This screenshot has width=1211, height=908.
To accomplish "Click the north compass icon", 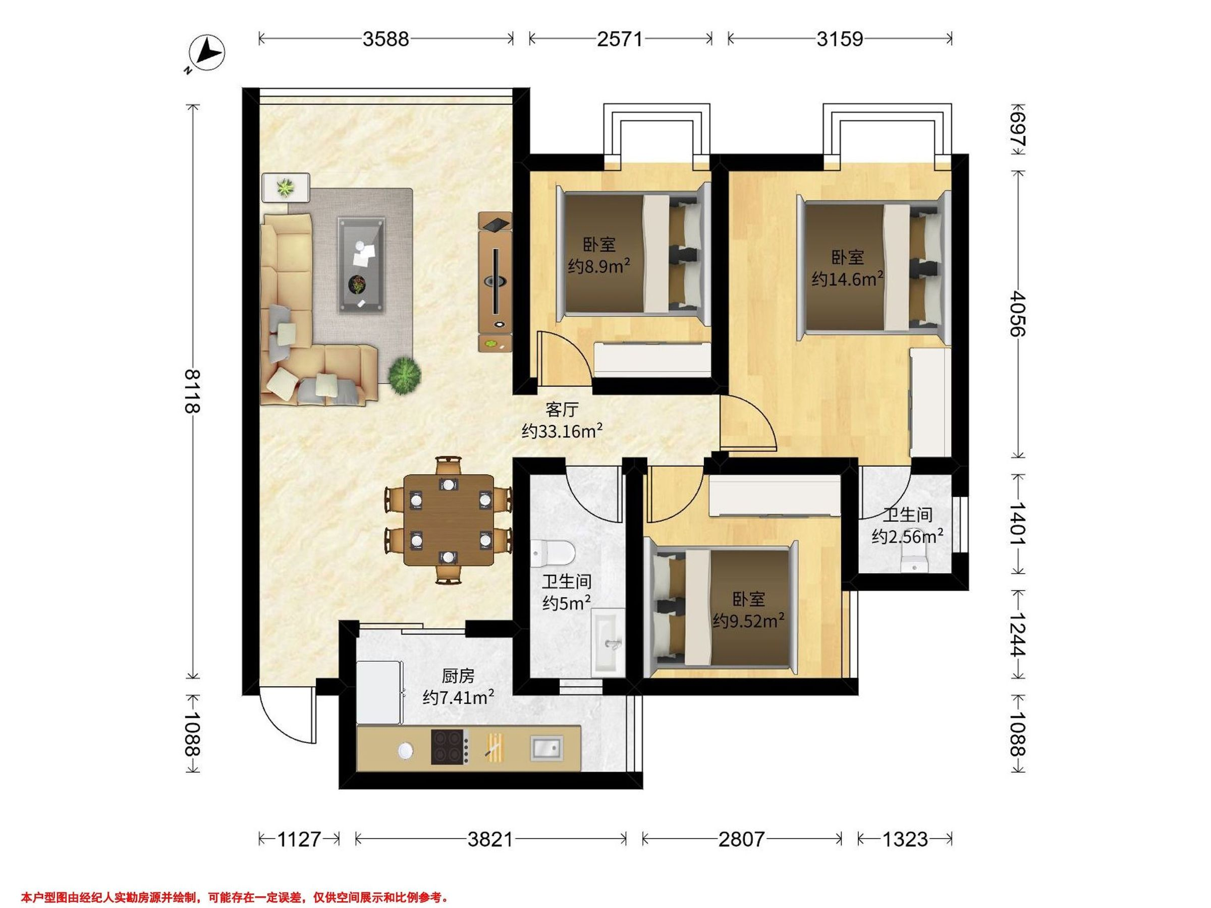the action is point(206,53).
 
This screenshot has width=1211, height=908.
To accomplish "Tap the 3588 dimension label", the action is point(386,39).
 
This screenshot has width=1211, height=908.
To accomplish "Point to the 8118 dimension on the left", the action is point(192,391).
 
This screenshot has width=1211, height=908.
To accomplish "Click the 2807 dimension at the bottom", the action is point(741,838).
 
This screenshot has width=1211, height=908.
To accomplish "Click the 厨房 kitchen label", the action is point(458,676).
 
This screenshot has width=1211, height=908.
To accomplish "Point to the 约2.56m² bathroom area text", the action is point(907,536).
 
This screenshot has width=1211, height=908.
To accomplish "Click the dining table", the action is point(449,520).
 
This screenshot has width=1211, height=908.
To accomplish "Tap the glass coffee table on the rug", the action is point(361,265).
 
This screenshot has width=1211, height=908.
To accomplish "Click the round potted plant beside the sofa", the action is point(405,375).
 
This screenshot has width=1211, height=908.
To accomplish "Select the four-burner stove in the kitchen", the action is point(450,747).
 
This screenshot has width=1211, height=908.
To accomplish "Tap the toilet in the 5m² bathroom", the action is point(552,553).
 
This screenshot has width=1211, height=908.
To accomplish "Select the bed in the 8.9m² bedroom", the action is point(632,255).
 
